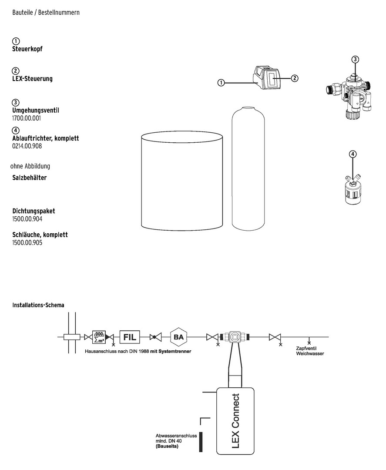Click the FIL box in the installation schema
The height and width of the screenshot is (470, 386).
click(x=130, y=337)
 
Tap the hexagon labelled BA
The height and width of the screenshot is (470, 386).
click(x=178, y=337)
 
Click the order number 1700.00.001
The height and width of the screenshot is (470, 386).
click(x=27, y=118)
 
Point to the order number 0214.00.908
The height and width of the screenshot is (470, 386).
click(x=27, y=146)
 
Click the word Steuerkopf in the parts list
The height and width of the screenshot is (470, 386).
click(x=27, y=49)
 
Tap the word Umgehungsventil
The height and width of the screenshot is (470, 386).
click(x=36, y=110)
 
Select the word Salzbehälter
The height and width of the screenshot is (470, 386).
click(x=30, y=178)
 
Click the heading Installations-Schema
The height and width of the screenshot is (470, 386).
click(x=38, y=305)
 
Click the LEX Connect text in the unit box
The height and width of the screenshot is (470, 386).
click(x=236, y=421)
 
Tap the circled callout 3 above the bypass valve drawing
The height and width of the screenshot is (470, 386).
click(x=355, y=59)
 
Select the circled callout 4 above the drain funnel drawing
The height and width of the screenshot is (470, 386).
click(x=353, y=154)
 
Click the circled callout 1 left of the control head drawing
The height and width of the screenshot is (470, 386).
click(x=221, y=83)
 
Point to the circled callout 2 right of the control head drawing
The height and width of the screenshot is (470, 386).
click(x=295, y=78)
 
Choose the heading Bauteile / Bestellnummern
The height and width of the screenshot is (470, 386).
click(x=46, y=13)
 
